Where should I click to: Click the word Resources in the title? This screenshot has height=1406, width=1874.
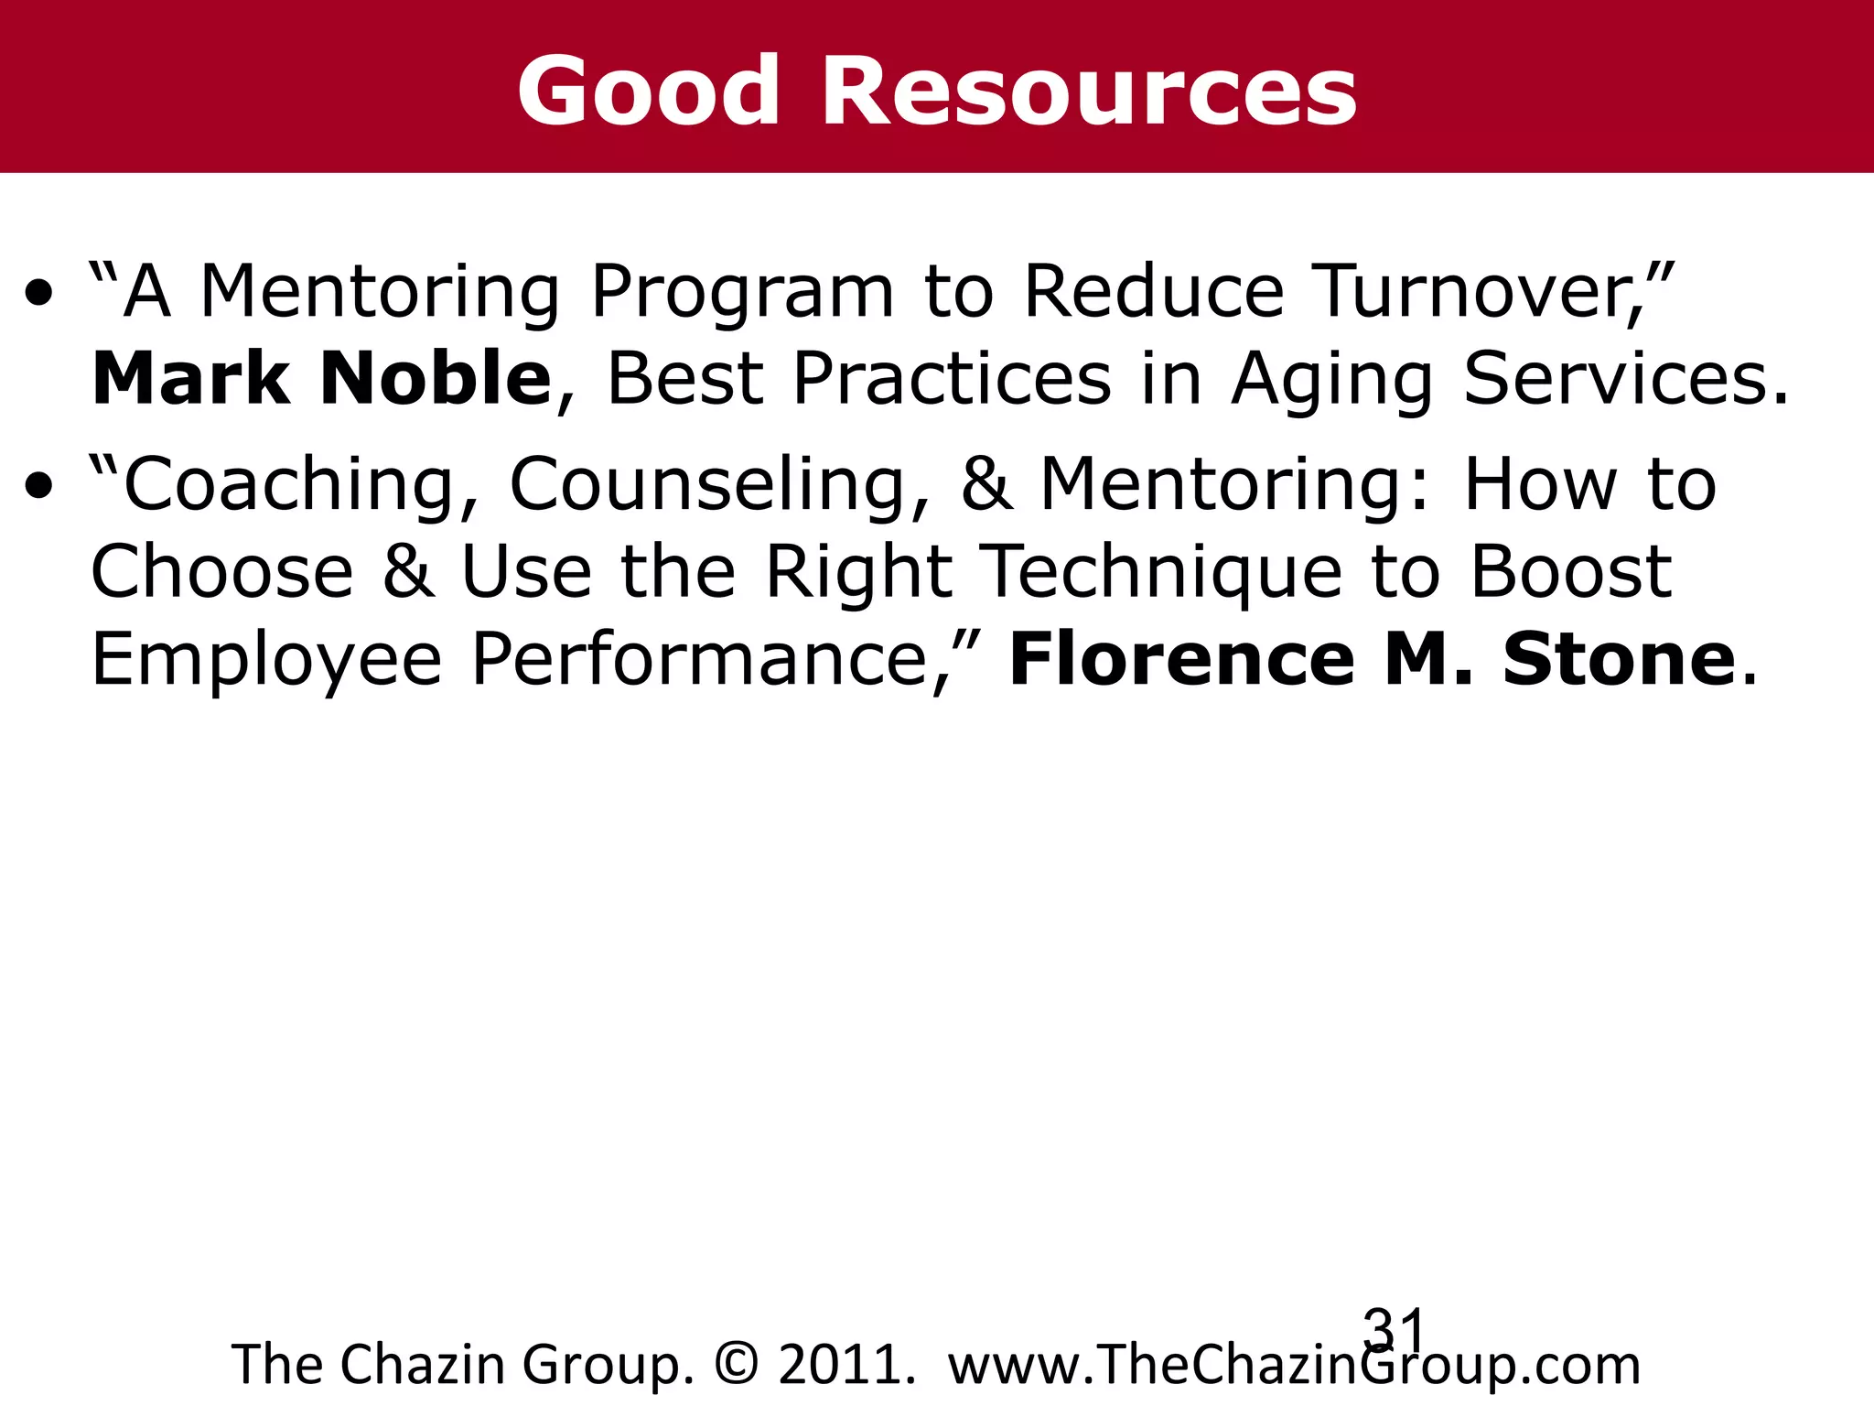(1089, 92)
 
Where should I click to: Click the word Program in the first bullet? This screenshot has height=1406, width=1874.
(742, 293)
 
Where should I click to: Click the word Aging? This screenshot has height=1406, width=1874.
(1332, 380)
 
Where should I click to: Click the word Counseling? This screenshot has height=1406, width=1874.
(719, 485)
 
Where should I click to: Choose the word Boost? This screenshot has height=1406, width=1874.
(1570, 571)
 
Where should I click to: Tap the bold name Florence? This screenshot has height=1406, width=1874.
(1180, 659)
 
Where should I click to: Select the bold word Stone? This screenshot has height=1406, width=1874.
(1619, 659)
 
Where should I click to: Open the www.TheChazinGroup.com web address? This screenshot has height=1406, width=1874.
(1294, 1365)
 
